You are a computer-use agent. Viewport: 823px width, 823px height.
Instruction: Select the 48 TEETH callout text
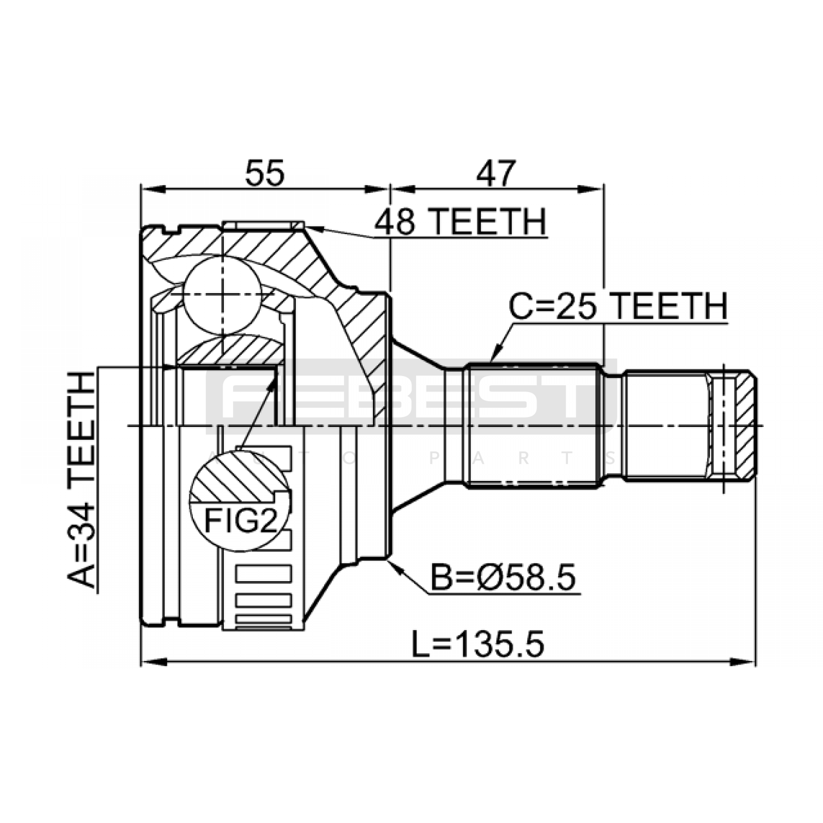click(460, 222)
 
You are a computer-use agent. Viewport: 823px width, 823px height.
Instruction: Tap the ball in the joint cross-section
click(223, 295)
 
